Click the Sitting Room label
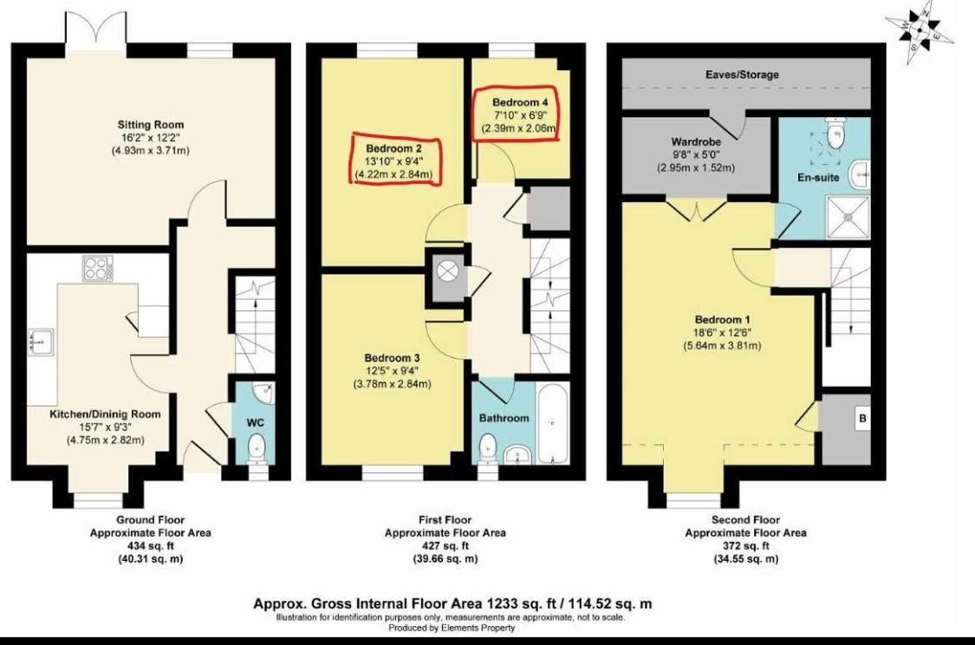[151, 125]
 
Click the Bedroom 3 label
[392, 358]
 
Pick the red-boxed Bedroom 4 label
[518, 101]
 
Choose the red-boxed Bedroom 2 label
[393, 147]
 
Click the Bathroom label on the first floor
[504, 418]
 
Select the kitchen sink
[39, 343]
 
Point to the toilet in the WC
[257, 449]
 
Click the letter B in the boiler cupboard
[861, 419]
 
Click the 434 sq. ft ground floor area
[151, 546]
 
